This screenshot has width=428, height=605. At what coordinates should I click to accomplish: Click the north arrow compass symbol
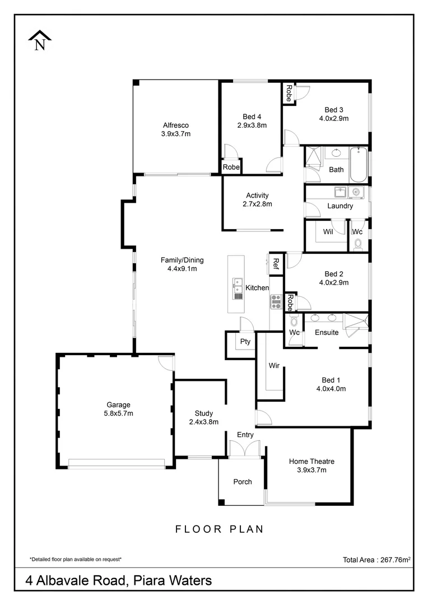pyautogui.click(x=40, y=40)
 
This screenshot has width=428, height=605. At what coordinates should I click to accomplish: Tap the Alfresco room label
pyautogui.click(x=176, y=125)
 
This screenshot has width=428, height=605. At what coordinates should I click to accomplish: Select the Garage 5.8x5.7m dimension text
pyautogui.click(x=119, y=413)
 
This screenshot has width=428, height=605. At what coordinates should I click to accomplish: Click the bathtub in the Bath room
pyautogui.click(x=358, y=164)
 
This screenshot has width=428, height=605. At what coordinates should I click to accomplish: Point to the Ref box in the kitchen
pyautogui.click(x=276, y=263)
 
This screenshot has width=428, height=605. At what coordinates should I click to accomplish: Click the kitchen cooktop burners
pyautogui.click(x=276, y=302)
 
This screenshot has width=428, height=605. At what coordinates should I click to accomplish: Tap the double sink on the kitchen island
pyautogui.click(x=238, y=286)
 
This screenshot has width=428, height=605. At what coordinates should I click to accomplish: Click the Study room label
pyautogui.click(x=204, y=413)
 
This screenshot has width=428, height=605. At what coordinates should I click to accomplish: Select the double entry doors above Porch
pyautogui.click(x=245, y=449)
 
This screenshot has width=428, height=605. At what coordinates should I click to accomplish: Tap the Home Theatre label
pyautogui.click(x=311, y=462)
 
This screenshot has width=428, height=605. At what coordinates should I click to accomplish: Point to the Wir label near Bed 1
pyautogui.click(x=274, y=366)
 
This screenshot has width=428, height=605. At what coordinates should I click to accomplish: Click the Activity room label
pyautogui.click(x=257, y=196)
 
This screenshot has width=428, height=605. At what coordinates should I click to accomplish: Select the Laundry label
pyautogui.click(x=340, y=206)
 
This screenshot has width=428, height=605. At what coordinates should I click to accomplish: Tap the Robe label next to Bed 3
pyautogui.click(x=289, y=93)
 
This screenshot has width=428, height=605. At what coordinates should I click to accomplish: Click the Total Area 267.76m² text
pyautogui.click(x=376, y=559)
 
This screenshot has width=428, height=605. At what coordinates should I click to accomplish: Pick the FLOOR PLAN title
pyautogui.click(x=219, y=529)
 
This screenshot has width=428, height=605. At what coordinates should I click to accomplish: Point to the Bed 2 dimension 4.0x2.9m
pyautogui.click(x=334, y=282)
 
